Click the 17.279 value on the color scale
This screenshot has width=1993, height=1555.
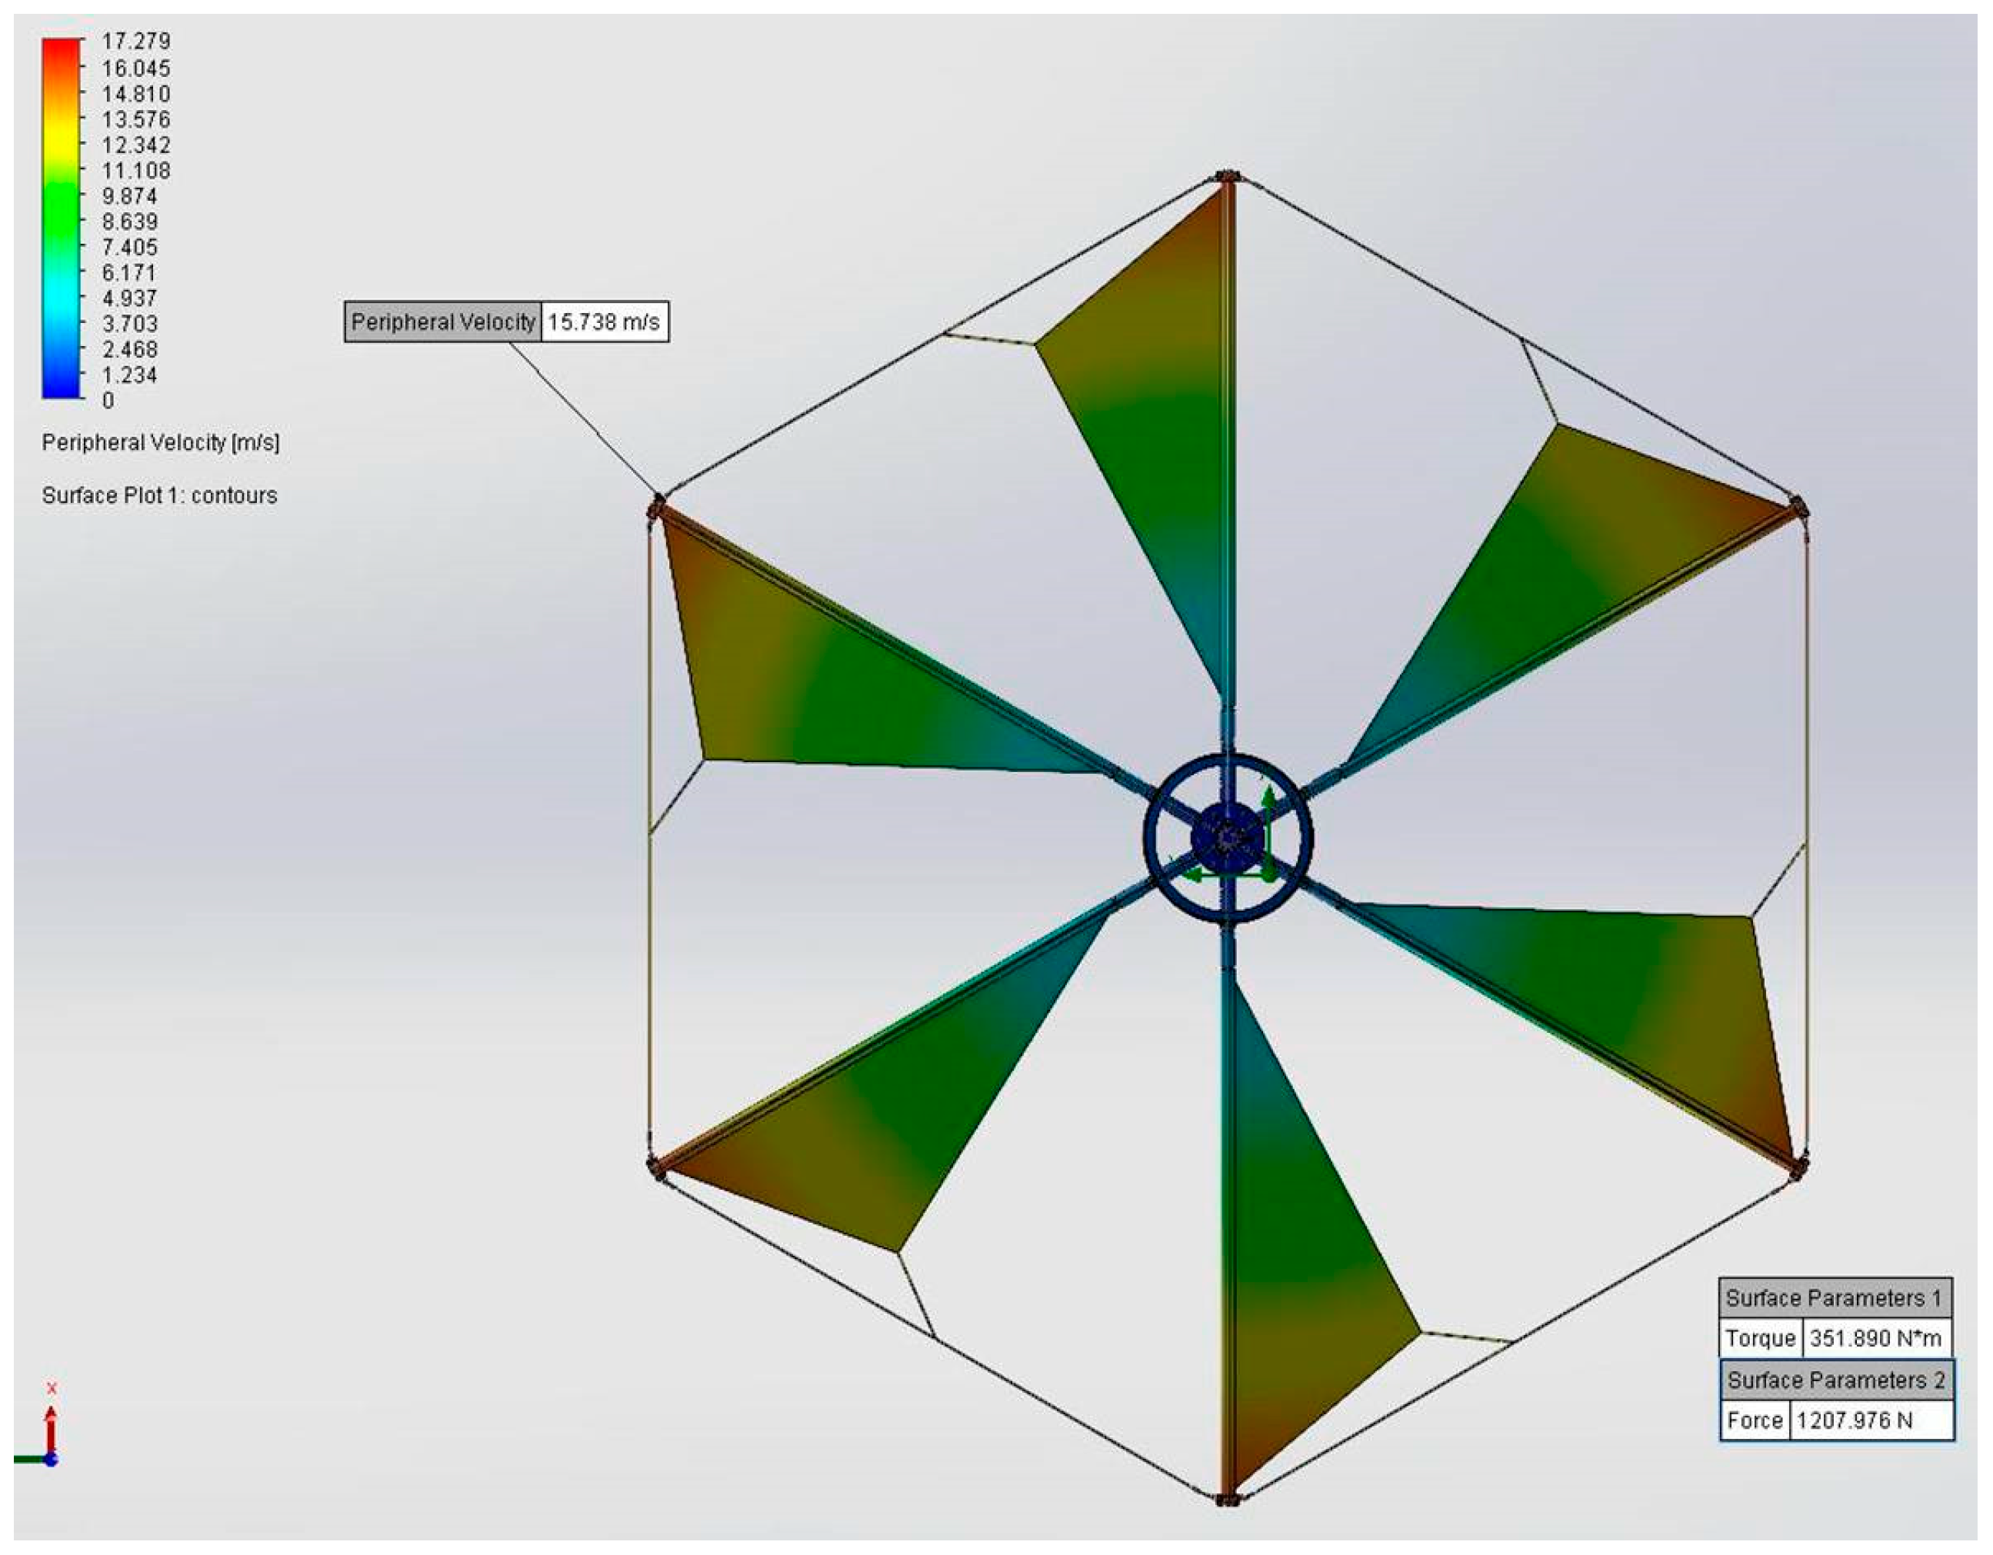[x=136, y=41]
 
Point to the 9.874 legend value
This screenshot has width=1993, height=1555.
[x=129, y=196]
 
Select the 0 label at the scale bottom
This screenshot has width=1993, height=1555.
[x=108, y=401]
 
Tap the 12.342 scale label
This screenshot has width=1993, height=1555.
[x=136, y=145]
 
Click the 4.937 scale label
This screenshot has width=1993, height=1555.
[x=129, y=298]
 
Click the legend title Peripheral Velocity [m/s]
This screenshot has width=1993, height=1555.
[x=161, y=444]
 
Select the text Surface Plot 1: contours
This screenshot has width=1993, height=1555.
[x=160, y=495]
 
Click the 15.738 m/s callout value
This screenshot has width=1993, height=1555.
[x=604, y=322]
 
